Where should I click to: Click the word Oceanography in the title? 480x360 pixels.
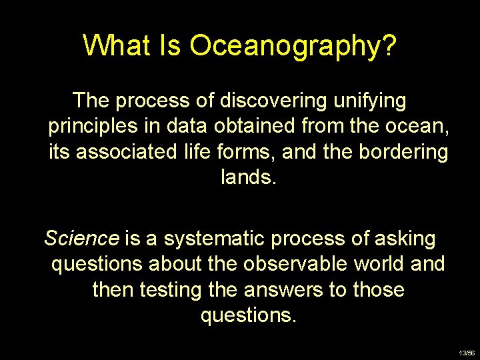(293, 46)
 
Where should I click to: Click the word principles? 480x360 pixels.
(93, 127)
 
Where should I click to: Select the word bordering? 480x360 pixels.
(403, 152)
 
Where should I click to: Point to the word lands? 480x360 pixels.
(247, 177)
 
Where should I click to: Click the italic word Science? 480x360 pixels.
(81, 238)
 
